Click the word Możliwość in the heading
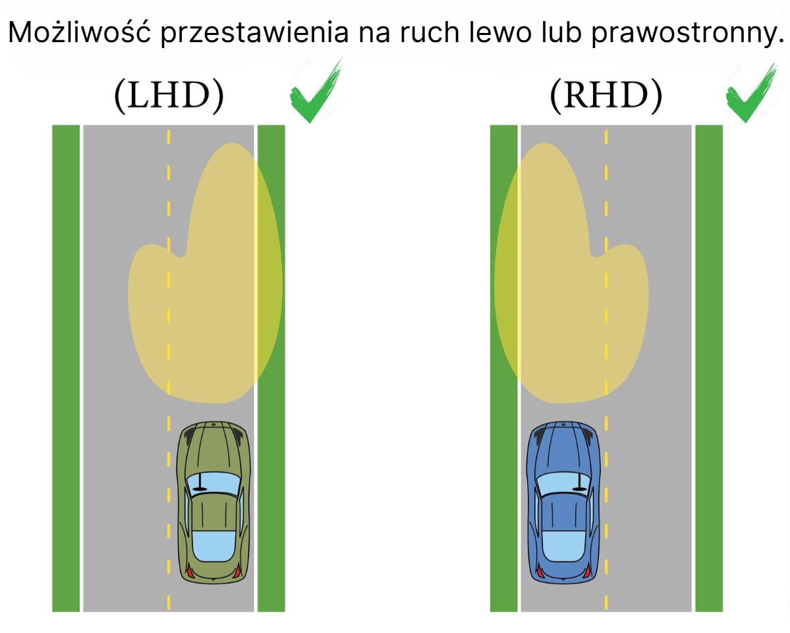80,32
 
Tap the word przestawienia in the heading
254,34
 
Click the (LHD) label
169,95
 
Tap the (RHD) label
606,95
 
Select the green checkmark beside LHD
316,92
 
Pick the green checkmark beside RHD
751,93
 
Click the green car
213,503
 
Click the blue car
563,503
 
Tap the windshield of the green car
213,484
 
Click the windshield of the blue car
563,484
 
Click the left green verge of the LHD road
66,368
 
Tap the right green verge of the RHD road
709,368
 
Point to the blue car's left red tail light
540,572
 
